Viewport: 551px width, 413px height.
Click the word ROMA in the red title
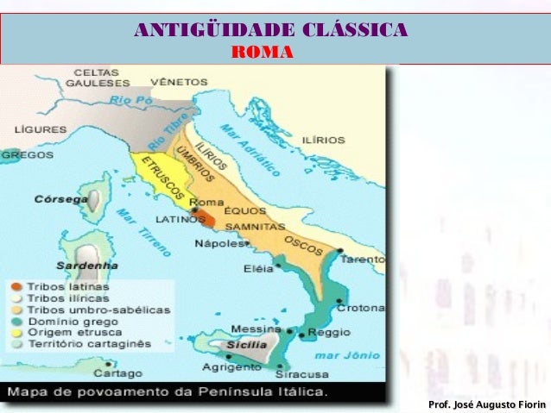tap(263, 53)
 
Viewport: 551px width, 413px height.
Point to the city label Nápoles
tap(219, 243)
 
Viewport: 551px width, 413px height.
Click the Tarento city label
tap(362, 258)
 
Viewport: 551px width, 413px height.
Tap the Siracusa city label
tap(301, 375)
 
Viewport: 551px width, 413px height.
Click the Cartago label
tap(117, 373)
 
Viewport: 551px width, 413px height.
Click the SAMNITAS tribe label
tap(255, 226)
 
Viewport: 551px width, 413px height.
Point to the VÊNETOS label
tap(179, 82)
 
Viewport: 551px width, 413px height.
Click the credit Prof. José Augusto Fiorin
tap(486, 404)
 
